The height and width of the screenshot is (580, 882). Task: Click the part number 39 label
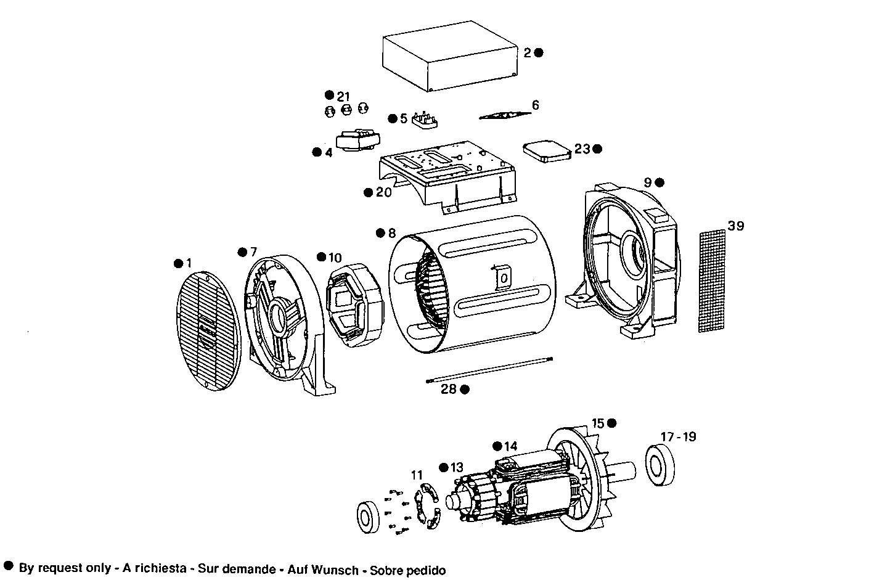click(735, 226)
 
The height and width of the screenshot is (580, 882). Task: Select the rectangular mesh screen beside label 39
click(713, 281)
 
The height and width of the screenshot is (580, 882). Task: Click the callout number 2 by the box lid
click(527, 52)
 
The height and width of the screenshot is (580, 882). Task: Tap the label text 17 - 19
click(678, 436)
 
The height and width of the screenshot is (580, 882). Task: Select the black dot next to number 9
click(659, 182)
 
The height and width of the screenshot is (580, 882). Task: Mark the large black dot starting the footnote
click(9, 566)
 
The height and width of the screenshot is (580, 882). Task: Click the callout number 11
click(417, 475)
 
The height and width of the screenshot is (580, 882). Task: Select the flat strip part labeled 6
click(505, 115)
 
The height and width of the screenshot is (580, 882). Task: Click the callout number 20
click(383, 192)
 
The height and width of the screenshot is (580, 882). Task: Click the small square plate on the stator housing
click(503, 277)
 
